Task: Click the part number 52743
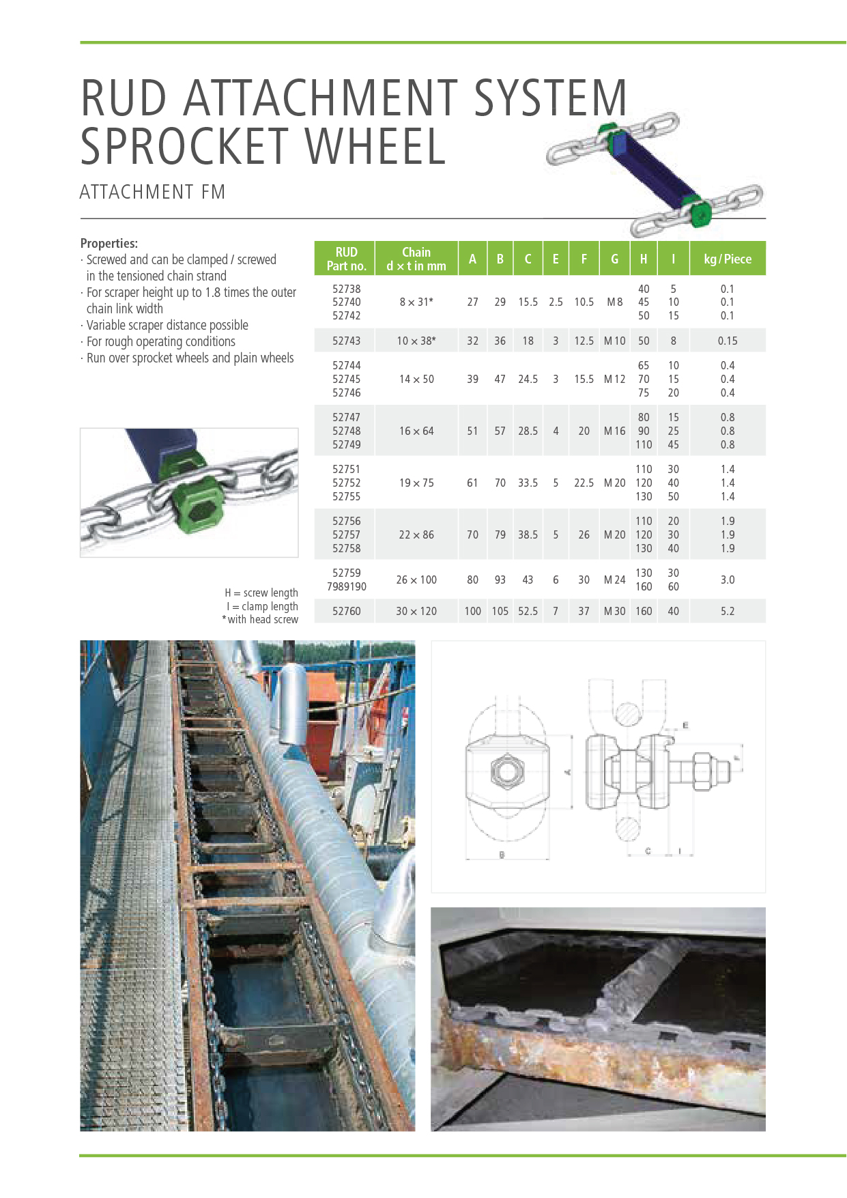click(x=346, y=341)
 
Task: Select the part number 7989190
click(x=346, y=586)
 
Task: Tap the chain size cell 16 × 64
click(x=416, y=431)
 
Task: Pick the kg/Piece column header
click(x=727, y=259)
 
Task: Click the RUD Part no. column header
click(x=346, y=259)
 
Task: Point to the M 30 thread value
click(x=614, y=611)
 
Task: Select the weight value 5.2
click(x=728, y=611)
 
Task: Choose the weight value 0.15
click(x=728, y=341)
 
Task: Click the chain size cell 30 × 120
click(x=416, y=611)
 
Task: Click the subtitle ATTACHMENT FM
click(x=152, y=192)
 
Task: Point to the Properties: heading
click(x=109, y=243)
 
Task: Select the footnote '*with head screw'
click(x=260, y=619)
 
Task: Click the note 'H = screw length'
click(x=261, y=593)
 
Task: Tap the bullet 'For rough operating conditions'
click(x=160, y=341)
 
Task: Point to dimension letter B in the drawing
click(x=502, y=855)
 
